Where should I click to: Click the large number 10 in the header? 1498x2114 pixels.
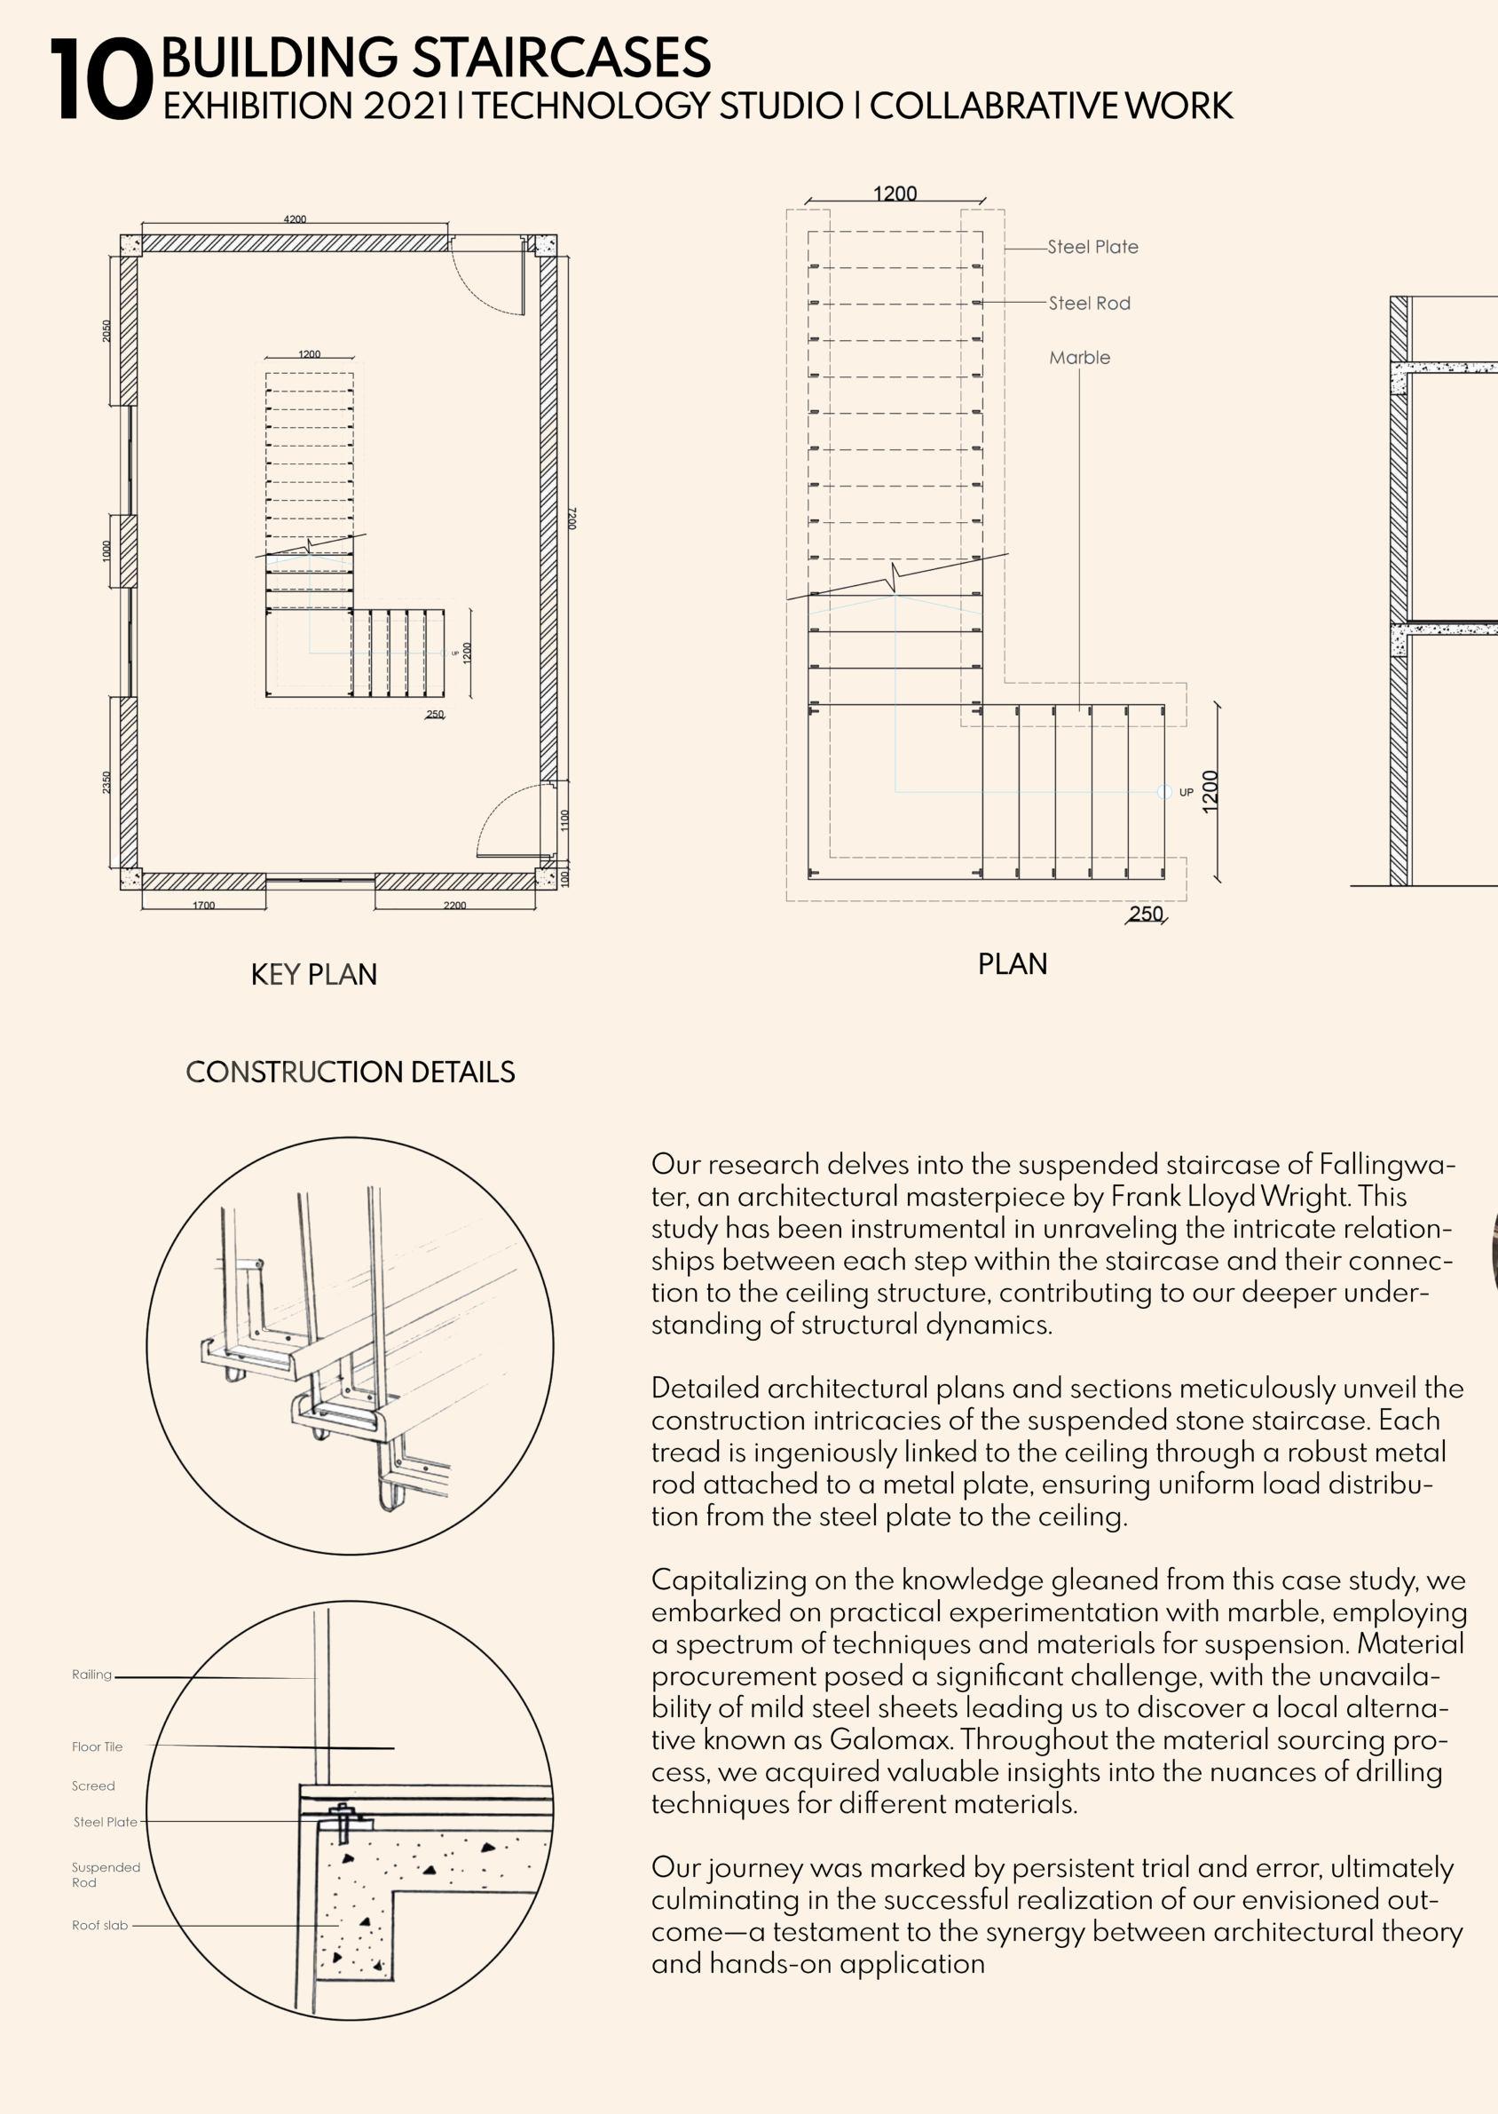tap(99, 81)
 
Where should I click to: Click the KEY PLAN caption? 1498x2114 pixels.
tap(313, 974)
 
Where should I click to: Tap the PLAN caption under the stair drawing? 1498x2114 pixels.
tap(1012, 964)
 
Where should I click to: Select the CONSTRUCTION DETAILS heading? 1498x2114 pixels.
tap(350, 1073)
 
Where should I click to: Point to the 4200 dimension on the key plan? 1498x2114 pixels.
tap(296, 219)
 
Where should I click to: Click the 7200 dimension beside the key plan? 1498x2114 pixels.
tap(572, 518)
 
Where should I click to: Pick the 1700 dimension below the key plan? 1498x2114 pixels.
tap(204, 906)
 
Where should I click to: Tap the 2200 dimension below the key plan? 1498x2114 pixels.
tap(454, 906)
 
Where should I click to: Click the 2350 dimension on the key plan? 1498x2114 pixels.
tap(107, 782)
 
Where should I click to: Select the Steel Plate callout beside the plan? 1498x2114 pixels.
tap(1092, 248)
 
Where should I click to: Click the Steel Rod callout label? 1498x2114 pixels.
tap(1089, 304)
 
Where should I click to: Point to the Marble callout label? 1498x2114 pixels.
tap(1079, 358)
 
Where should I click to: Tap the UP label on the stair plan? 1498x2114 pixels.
tap(1187, 793)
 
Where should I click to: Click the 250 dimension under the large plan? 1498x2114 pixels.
tap(1146, 914)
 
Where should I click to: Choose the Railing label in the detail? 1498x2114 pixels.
tap(91, 1675)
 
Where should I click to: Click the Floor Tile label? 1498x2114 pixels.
tap(97, 1746)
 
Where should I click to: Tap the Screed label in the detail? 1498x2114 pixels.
tap(93, 1785)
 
